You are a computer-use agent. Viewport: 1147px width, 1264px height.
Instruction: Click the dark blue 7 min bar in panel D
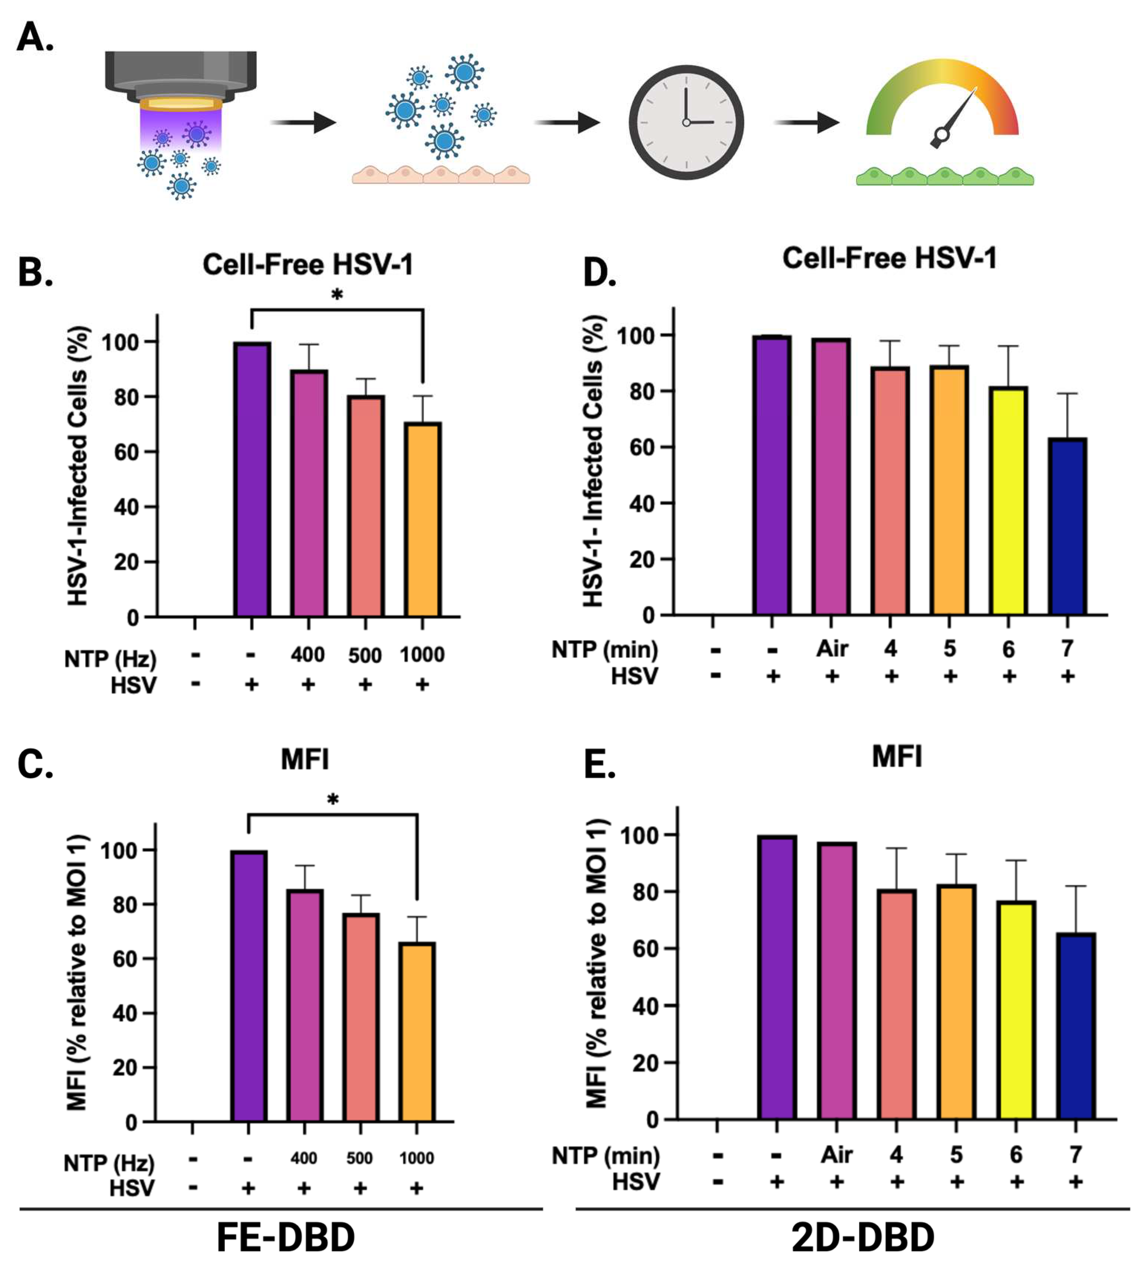point(1067,527)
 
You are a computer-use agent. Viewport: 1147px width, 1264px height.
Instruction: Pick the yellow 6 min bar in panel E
point(1016,1010)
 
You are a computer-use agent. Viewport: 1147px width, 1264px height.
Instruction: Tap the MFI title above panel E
point(897,757)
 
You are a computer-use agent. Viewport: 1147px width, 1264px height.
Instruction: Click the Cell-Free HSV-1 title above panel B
point(308,264)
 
